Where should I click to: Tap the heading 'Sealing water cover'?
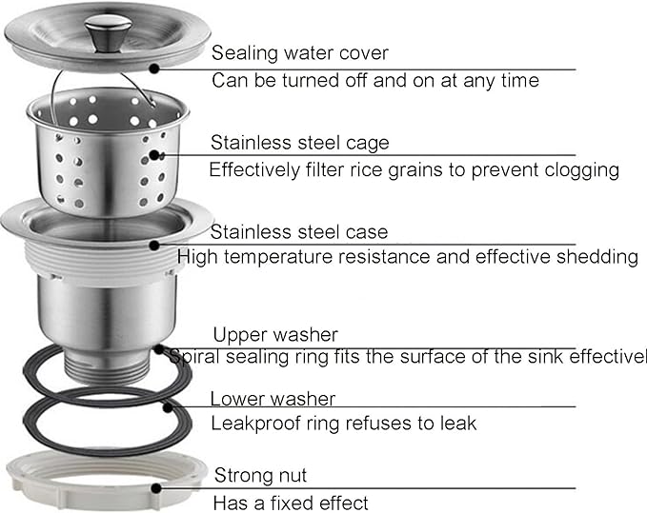pyautogui.click(x=300, y=53)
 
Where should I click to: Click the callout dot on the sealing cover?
pyautogui.click(x=154, y=69)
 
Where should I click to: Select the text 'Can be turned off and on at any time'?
pyautogui.click(x=375, y=80)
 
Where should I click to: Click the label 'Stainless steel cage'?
pyautogui.click(x=300, y=143)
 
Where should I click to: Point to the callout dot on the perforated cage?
pyautogui.click(x=154, y=155)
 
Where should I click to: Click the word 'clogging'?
pyautogui.click(x=582, y=170)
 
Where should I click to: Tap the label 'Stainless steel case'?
pyautogui.click(x=299, y=232)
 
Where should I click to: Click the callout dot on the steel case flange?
pyautogui.click(x=154, y=246)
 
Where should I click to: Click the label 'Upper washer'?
pyautogui.click(x=275, y=335)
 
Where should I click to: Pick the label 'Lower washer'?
pyautogui.click(x=273, y=399)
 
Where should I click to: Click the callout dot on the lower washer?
pyautogui.click(x=167, y=408)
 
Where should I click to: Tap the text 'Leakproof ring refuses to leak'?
pyautogui.click(x=344, y=424)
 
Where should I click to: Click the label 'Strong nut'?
pyautogui.click(x=261, y=476)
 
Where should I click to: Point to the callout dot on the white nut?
pyautogui.click(x=156, y=488)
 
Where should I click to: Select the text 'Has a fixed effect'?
pyautogui.click(x=291, y=503)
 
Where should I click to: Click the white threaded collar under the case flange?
pyautogui.click(x=105, y=261)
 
